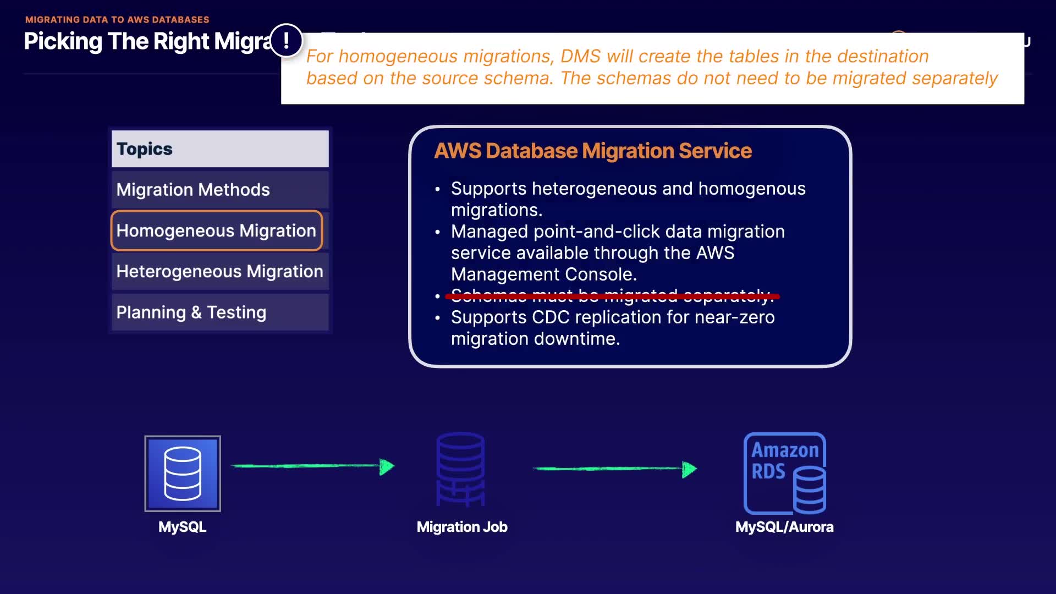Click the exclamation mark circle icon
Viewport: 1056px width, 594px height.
coord(286,41)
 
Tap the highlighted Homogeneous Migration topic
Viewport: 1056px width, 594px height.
coord(217,230)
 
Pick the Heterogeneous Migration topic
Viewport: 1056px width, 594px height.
coord(220,271)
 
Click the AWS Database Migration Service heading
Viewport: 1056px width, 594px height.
coord(593,151)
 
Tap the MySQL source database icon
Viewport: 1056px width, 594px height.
coord(183,474)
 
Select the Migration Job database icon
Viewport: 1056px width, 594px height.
coord(461,469)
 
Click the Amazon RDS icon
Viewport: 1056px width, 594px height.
coord(785,474)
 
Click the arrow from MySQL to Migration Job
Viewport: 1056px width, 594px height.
coord(312,466)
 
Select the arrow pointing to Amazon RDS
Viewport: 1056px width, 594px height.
coord(614,469)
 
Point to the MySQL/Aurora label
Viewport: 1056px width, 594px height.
coord(784,527)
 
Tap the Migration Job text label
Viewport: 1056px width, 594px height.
coord(462,527)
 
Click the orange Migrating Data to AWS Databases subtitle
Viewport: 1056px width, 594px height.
coord(117,20)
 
